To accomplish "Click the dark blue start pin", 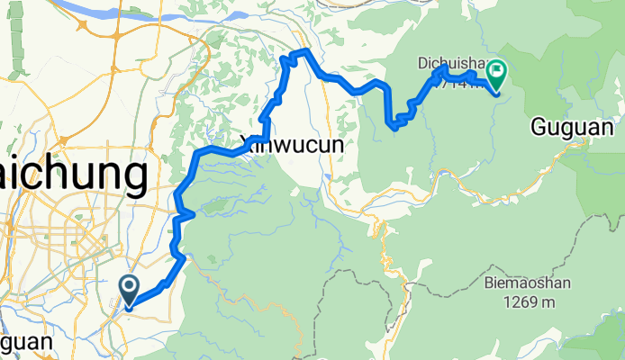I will pos(129,291).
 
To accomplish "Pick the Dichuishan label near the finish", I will pos(450,63).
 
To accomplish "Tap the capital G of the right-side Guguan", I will pos(539,128).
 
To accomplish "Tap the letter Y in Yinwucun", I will pos(247,142).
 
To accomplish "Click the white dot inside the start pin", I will pos(129,286).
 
